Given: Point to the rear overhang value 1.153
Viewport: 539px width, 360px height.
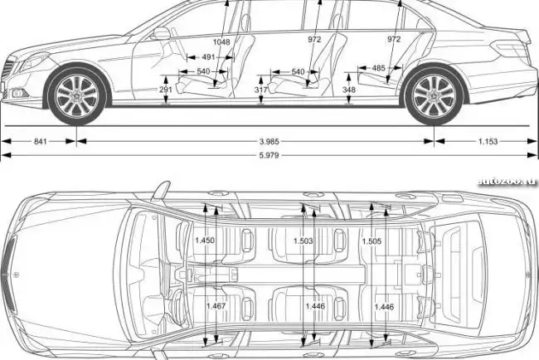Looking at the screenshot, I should point(487,142).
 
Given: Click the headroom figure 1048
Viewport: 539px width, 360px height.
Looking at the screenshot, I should point(221,41).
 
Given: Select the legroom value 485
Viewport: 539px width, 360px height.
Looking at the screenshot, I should point(378,68).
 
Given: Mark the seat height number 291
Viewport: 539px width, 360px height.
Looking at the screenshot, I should point(166,89).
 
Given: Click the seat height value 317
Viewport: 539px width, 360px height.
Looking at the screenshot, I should point(261,89).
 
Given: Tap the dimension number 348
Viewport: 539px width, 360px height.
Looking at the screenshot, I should point(348,89).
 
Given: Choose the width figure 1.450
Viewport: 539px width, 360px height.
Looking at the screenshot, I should point(204,241).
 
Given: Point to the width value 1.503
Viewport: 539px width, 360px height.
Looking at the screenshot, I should point(303,241).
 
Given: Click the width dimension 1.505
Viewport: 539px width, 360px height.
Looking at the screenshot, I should point(371,241).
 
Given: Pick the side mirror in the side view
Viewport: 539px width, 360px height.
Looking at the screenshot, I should point(160,34).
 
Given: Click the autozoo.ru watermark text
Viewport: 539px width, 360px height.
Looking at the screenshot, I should point(505,180).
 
